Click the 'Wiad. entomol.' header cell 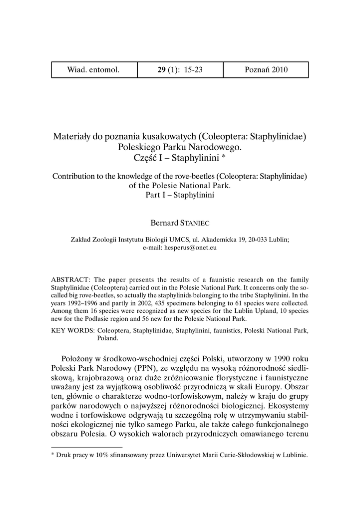(93, 70)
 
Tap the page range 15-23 (193, 70)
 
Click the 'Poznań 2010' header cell (266, 70)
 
